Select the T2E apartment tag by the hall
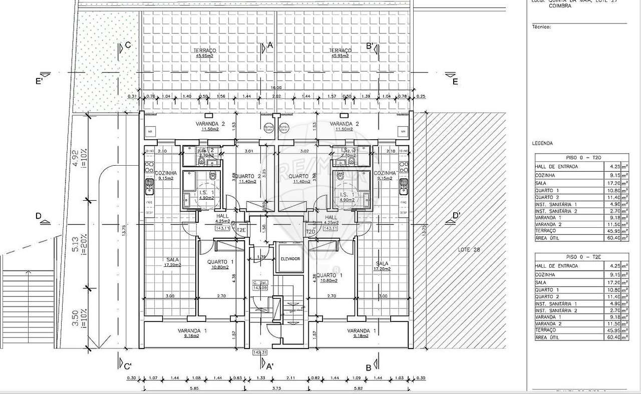[241, 230]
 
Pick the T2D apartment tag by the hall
[310, 232]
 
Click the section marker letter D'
[456, 216]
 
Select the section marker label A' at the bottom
[269, 366]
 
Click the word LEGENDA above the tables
[542, 143]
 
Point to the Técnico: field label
[541, 27]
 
